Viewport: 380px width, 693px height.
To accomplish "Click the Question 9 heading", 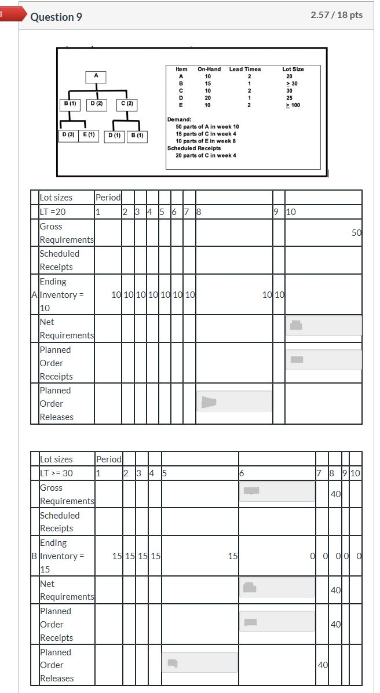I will pos(56,17).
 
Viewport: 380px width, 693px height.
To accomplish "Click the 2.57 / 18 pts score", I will pos(337,15).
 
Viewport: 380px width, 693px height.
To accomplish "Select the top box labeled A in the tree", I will pos(96,75).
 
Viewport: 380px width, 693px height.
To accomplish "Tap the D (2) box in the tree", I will pos(96,104).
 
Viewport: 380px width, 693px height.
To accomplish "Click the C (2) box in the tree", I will pos(127,104).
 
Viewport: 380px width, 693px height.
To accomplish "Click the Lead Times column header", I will pos(244,69).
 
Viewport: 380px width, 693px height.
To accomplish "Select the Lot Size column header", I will pos(293,69).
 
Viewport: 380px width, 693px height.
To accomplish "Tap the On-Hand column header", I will pos(209,69).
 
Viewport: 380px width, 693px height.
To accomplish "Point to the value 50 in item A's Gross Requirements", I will pos(356,233).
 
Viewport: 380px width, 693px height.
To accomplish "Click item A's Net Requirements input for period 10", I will pos(323,326).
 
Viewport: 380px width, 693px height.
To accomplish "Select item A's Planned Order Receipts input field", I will pos(323,360).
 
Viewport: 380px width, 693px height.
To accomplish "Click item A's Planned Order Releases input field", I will pos(234,401).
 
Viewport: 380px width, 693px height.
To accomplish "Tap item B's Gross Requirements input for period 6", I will pos(277,491).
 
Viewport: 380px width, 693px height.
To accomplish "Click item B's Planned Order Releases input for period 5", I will pos(200,662).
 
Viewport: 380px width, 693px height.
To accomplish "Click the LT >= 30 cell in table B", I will pos(56,473).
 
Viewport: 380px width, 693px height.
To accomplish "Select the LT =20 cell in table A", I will pos(53,212).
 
